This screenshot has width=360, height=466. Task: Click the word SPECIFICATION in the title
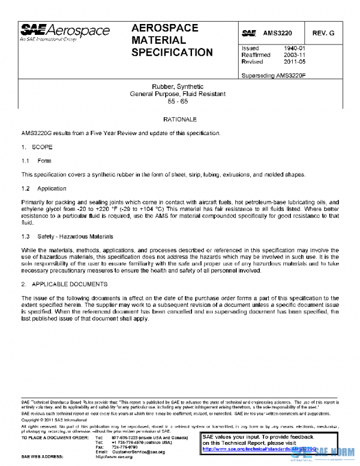pyautogui.click(x=171, y=52)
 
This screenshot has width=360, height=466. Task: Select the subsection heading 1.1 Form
pyautogui.click(x=37, y=161)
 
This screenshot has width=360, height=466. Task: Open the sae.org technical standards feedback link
pyautogui.click(x=259, y=449)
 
